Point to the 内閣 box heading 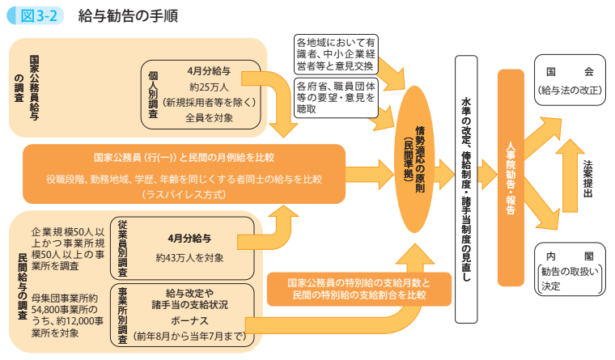tap(570, 253)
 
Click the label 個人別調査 tap(154, 94)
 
